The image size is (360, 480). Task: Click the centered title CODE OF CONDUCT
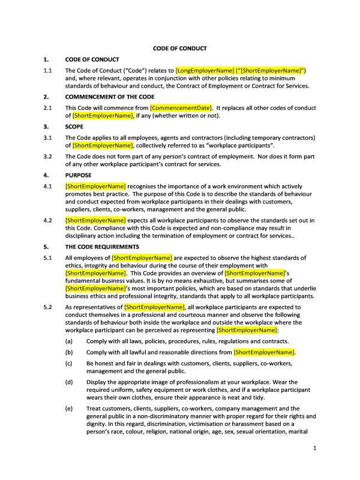[x=180, y=47]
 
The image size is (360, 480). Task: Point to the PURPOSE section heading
[x=78, y=175]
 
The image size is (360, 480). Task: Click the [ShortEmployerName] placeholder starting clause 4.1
[x=95, y=187]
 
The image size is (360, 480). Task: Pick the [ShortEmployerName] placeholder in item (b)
[x=264, y=352]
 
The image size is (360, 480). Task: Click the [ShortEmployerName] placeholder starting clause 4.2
[x=95, y=220]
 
